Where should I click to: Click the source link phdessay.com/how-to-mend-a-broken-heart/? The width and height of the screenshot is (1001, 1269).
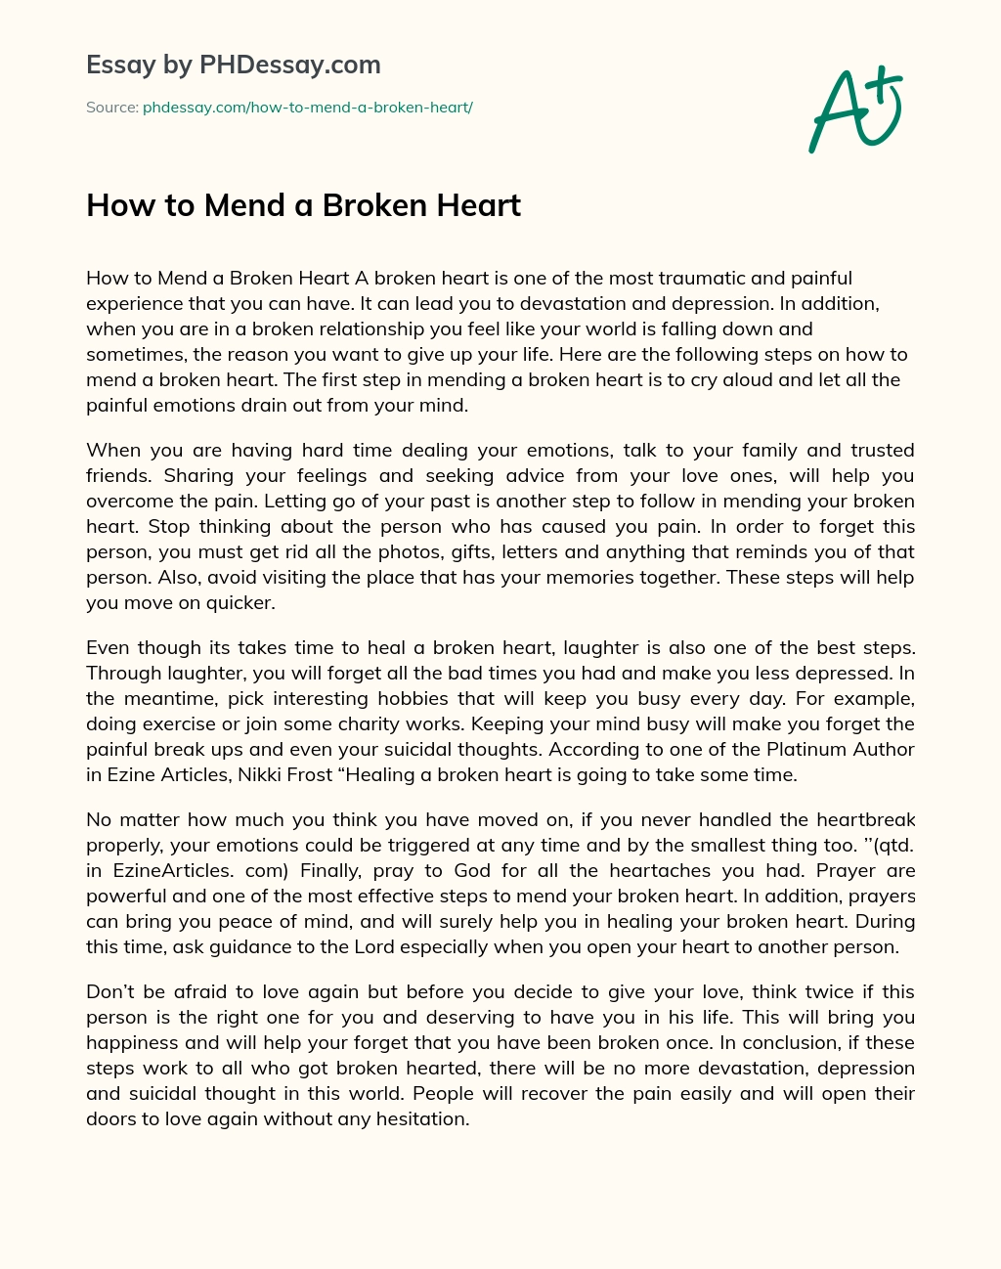click(x=307, y=108)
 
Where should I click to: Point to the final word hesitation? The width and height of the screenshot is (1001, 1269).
click(x=421, y=1118)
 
